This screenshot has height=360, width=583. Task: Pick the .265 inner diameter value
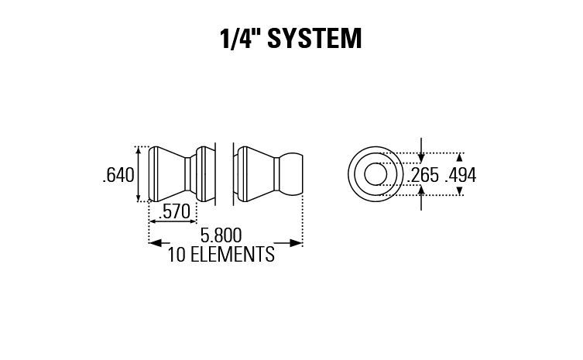pyautogui.click(x=423, y=176)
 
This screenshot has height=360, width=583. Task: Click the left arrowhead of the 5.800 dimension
pyautogui.click(x=154, y=243)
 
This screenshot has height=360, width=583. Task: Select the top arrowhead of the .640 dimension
pyautogui.click(x=139, y=150)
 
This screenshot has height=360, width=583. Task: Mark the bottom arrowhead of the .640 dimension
pyautogui.click(x=139, y=198)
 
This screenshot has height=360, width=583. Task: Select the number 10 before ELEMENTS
pyautogui.click(x=177, y=254)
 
